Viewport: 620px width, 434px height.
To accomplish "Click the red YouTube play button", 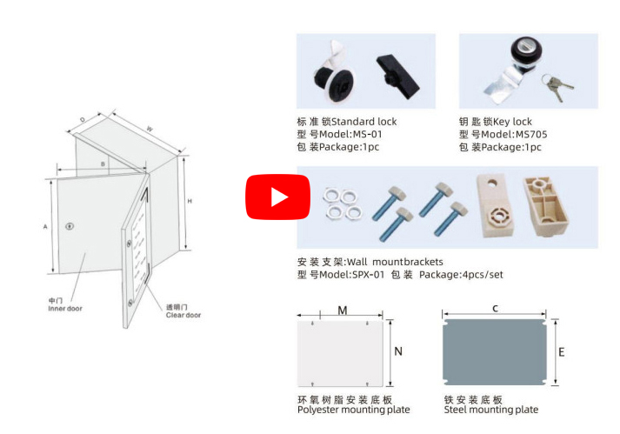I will pos(277,197).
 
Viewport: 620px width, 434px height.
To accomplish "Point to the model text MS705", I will pos(531,134).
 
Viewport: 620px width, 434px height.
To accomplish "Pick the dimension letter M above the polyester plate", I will pos(343,310).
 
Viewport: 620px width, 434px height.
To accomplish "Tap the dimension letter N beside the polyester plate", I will pos(398,351).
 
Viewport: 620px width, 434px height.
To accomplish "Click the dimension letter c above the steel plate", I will pos(495,308).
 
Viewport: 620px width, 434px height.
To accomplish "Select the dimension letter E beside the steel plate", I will pos(562,352).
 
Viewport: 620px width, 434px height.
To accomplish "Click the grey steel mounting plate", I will pos(495,353).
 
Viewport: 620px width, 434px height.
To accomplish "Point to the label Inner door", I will pos(65,308).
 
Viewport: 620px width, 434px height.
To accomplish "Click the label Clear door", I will pos(183,315).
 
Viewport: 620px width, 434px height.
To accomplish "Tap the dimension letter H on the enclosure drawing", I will pos(189,201).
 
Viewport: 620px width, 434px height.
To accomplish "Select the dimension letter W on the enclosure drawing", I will pos(150,129).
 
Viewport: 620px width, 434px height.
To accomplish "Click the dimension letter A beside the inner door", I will pos(44,226).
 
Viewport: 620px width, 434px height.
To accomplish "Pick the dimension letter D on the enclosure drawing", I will pos(83,119).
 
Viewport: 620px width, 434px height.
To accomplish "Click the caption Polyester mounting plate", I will pos(353,410).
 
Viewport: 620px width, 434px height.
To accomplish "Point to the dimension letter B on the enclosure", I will pos(103,164).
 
